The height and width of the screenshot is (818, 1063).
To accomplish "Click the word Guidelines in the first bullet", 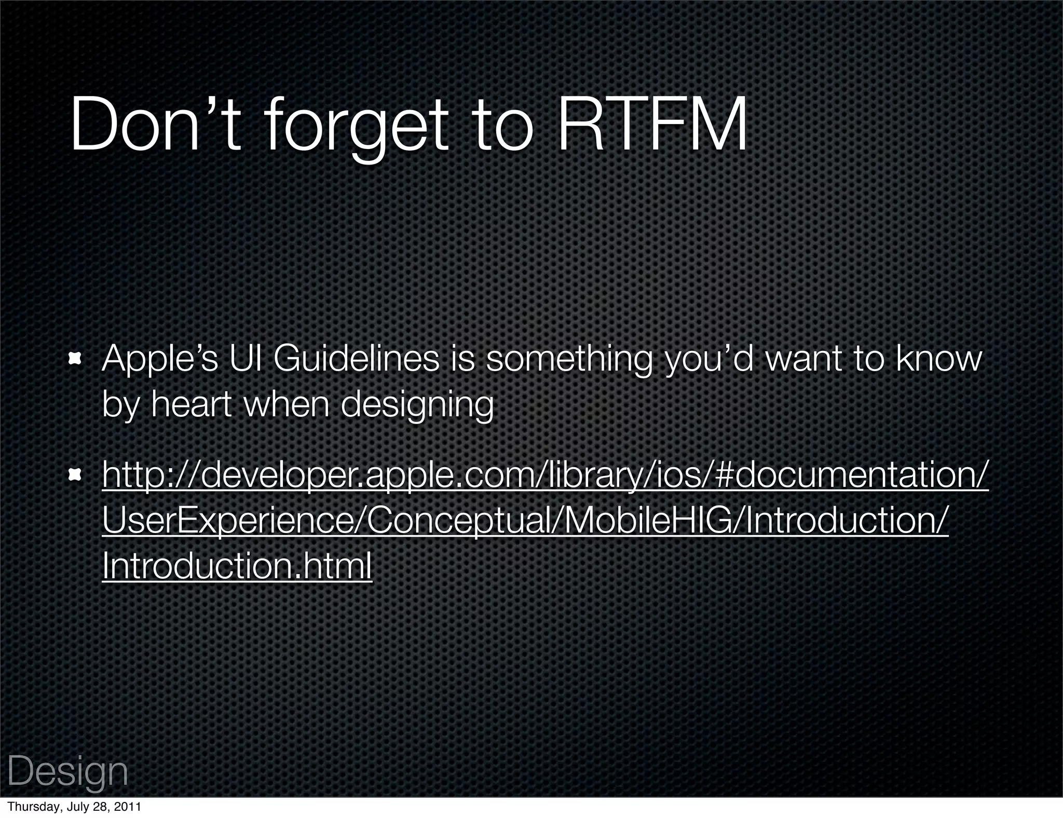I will click(356, 359).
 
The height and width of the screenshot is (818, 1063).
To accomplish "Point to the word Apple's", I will click(160, 359).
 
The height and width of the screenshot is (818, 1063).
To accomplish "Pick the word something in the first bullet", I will click(569, 359).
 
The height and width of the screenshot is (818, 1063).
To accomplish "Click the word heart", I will click(190, 404).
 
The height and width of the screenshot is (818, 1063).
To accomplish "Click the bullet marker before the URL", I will click(77, 474).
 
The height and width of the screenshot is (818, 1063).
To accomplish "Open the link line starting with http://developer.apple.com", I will click(545, 475).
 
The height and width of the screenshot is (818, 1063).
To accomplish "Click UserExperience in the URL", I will click(226, 521).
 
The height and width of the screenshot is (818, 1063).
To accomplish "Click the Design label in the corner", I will click(67, 771).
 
